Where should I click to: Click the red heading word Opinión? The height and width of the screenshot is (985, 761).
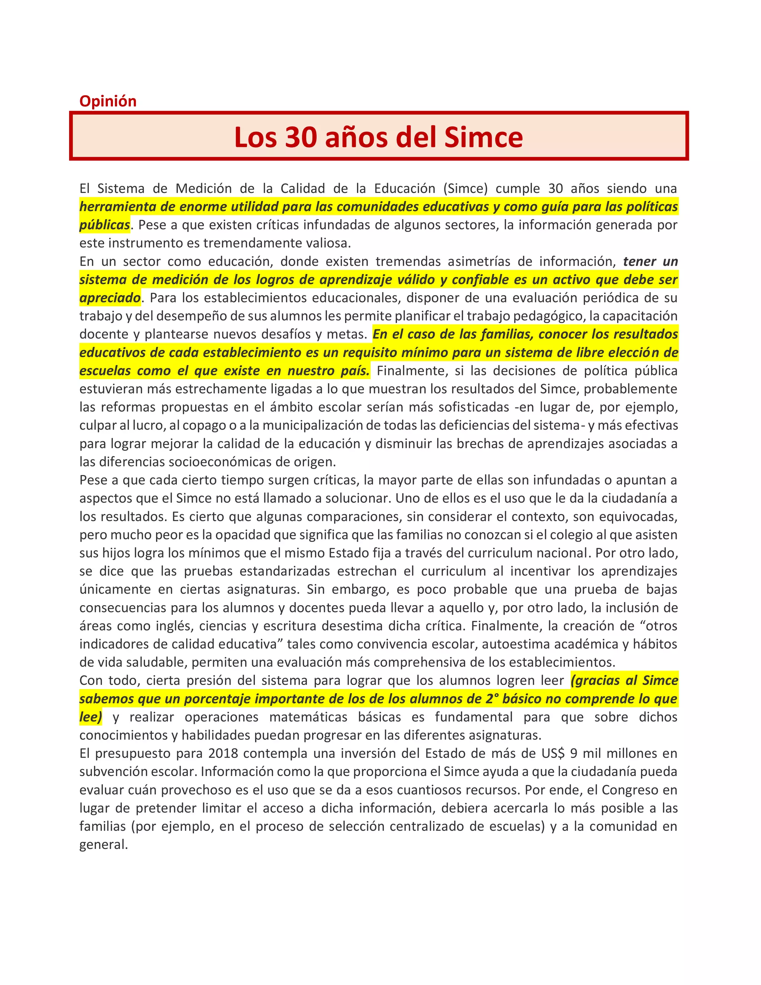click(108, 101)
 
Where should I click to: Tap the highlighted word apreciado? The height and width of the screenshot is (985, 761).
click(110, 298)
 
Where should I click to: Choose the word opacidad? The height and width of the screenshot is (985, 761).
click(243, 535)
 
